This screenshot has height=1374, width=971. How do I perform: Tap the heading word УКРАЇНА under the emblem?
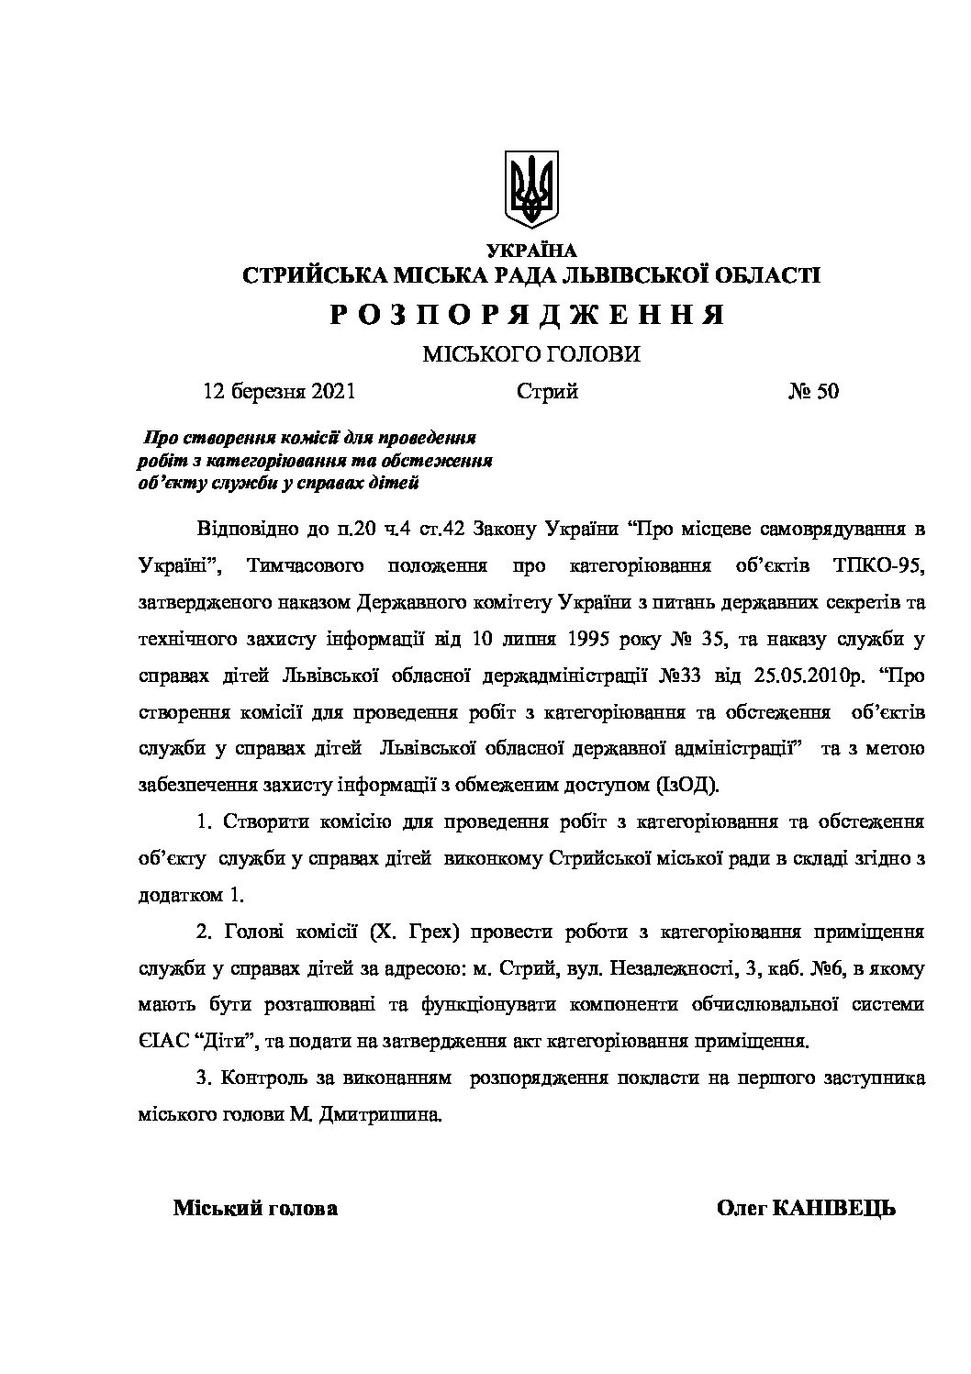[x=531, y=250]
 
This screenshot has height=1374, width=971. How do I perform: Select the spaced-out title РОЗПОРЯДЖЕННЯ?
[x=530, y=316]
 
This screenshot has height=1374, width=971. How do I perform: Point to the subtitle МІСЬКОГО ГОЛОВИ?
[x=530, y=355]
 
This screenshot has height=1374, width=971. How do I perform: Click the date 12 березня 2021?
[x=279, y=392]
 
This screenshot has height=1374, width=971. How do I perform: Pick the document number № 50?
[x=813, y=392]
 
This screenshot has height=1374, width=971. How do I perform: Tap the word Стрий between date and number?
[x=547, y=392]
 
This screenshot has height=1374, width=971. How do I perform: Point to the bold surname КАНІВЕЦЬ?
[x=834, y=1209]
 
